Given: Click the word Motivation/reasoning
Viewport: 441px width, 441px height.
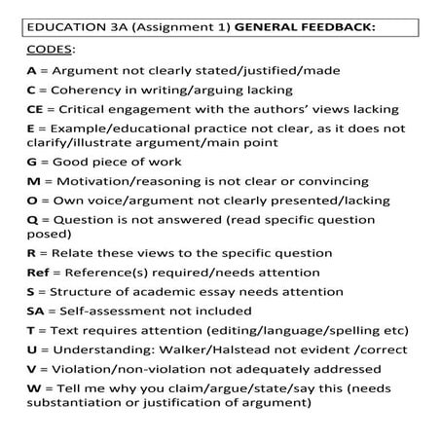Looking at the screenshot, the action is [127, 181].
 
